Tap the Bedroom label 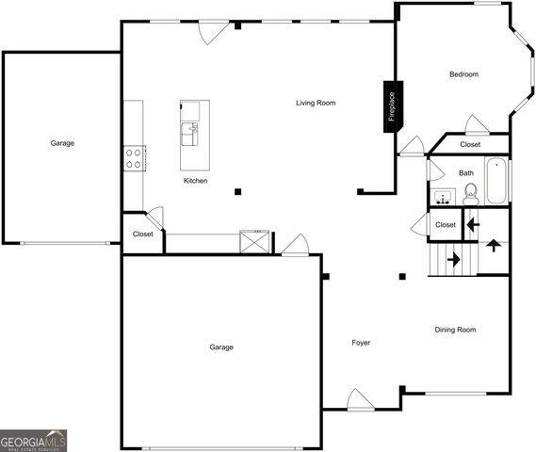tap(463, 74)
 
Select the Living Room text tap(316, 103)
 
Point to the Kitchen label tap(195, 181)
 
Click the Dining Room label tap(455, 330)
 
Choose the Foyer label tap(361, 343)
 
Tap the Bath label tap(466, 173)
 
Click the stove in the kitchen tap(134, 158)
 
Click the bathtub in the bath tap(496, 180)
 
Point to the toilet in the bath tap(471, 194)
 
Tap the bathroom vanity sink tap(443, 197)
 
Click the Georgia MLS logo tap(33, 440)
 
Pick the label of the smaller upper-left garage tap(62, 143)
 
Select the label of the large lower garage tap(221, 347)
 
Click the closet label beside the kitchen tap(142, 234)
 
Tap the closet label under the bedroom tap(470, 145)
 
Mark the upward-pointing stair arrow tap(493, 246)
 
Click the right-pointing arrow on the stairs tap(454, 258)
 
